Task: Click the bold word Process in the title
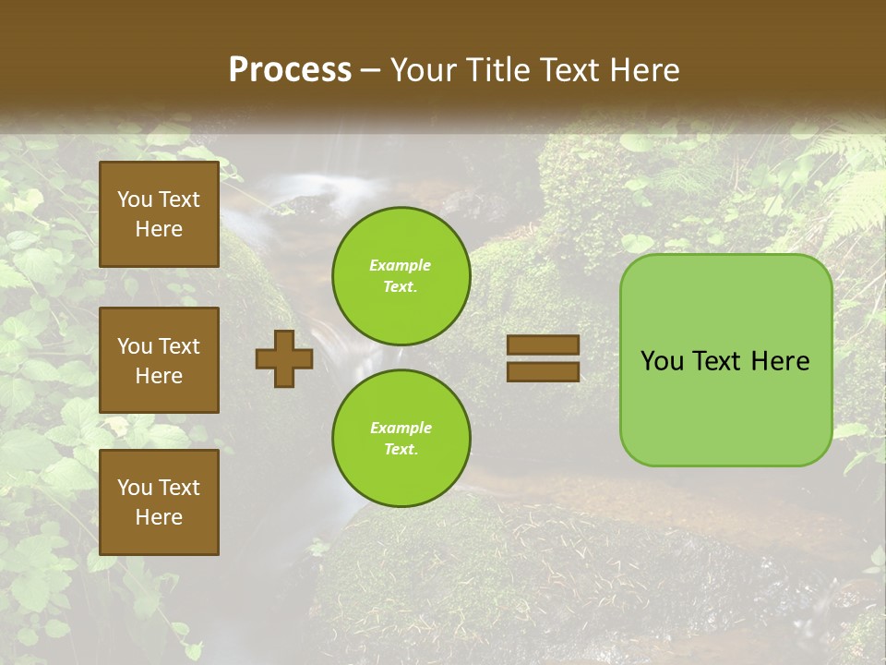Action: (x=290, y=70)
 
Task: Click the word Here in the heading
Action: (x=643, y=70)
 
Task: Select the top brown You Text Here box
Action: (x=159, y=214)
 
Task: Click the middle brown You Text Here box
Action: (x=159, y=360)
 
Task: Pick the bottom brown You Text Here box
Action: (x=159, y=502)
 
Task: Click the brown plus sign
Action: (x=284, y=358)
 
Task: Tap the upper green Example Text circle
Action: (x=401, y=276)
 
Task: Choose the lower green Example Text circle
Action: (x=401, y=438)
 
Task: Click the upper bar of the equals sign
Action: (x=543, y=345)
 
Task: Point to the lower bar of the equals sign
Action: (x=543, y=371)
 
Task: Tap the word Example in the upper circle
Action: (x=401, y=265)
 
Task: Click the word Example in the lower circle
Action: (x=401, y=428)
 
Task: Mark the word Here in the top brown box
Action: (x=159, y=229)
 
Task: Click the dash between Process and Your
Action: (x=371, y=71)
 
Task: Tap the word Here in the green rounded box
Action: (x=780, y=361)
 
